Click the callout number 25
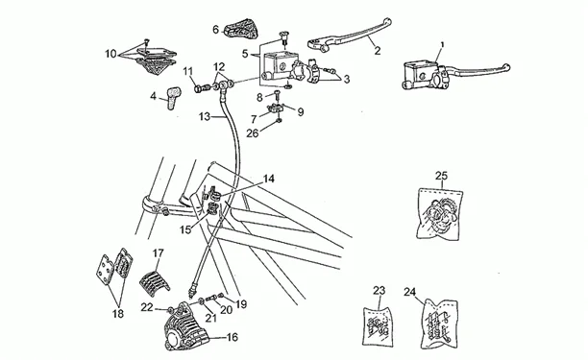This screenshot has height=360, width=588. click(441, 176)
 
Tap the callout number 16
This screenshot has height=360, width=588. click(233, 337)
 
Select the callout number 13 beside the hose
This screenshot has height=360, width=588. click(205, 117)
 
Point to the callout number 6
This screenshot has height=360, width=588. click(215, 29)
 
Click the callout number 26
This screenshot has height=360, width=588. click(253, 133)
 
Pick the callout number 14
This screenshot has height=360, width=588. click(268, 179)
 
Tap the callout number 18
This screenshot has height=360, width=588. click(118, 314)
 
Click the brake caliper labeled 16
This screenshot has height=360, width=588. click(187, 325)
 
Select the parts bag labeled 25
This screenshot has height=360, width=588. click(439, 212)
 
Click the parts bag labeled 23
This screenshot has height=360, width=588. click(378, 326)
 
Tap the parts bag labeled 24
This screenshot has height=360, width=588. click(439, 324)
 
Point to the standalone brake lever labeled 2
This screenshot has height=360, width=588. click(350, 35)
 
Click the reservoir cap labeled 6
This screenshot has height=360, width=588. click(242, 29)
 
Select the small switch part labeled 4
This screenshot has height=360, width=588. click(173, 97)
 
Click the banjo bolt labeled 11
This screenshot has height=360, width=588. click(201, 88)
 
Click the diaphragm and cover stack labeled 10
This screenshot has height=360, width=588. click(156, 60)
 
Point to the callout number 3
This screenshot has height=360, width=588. click(347, 79)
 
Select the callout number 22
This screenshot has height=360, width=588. click(147, 307)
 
